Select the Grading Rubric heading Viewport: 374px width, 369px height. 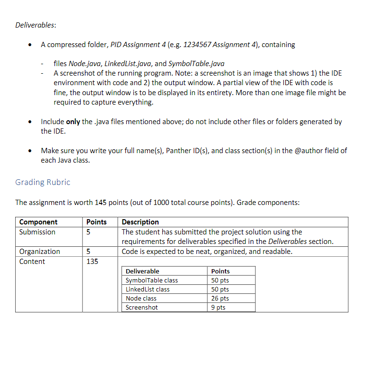click(x=43, y=182)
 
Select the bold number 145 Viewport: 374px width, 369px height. click(x=100, y=203)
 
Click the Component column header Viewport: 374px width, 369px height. click(x=38, y=222)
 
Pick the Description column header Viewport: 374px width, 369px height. click(x=140, y=222)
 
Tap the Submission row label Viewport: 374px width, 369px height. click(x=37, y=232)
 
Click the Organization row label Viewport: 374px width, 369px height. click(x=39, y=252)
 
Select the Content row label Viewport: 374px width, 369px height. click(x=32, y=262)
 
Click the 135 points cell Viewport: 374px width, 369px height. click(x=92, y=262)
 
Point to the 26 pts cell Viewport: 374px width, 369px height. click(x=220, y=299)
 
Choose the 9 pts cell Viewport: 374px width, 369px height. click(x=218, y=308)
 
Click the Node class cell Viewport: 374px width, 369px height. click(x=141, y=299)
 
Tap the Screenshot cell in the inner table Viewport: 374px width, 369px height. click(x=142, y=308)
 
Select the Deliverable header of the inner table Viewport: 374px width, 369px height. click(x=142, y=272)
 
